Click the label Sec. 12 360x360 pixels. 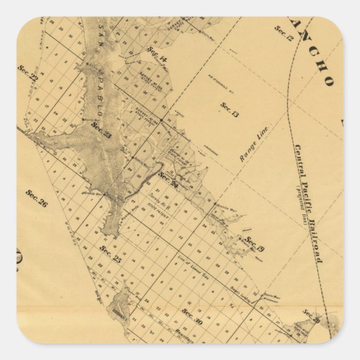284,34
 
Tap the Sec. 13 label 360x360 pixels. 229,110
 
